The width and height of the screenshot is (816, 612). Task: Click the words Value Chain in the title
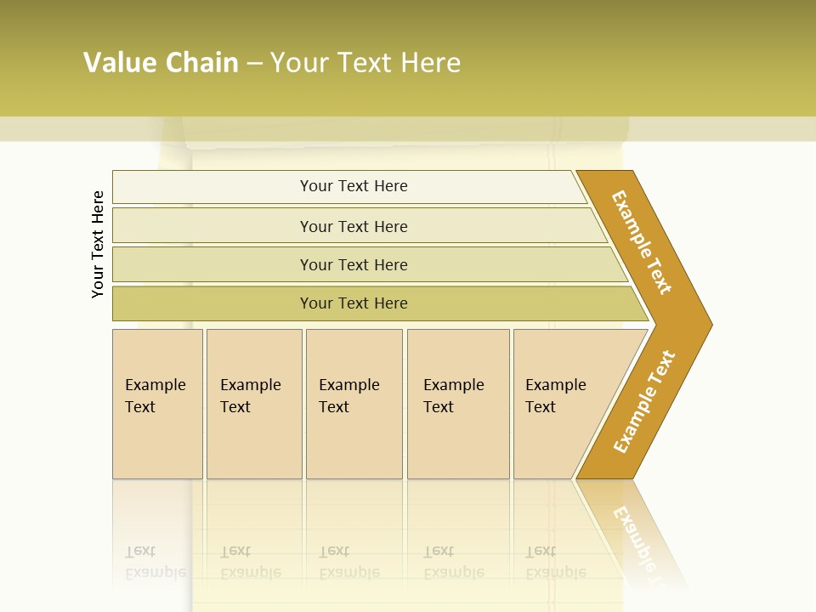pyautogui.click(x=161, y=63)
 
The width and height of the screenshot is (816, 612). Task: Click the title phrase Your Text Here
pyautogui.click(x=365, y=63)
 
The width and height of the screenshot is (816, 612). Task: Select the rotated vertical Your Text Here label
pyautogui.click(x=99, y=244)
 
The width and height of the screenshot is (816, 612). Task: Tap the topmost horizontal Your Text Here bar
pyautogui.click(x=353, y=186)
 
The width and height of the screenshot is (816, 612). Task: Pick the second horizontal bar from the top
pyautogui.click(x=353, y=226)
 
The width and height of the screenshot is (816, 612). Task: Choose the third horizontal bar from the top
pyautogui.click(x=353, y=264)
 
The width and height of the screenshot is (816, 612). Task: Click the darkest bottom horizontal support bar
pyautogui.click(x=353, y=303)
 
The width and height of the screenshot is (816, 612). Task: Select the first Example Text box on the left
pyautogui.click(x=157, y=404)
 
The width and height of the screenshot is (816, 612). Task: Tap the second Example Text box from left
pyautogui.click(x=253, y=404)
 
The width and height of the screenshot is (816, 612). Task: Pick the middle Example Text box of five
pyautogui.click(x=354, y=404)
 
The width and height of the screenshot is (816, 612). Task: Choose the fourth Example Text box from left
pyautogui.click(x=457, y=404)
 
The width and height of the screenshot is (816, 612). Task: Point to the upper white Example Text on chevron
pyautogui.click(x=642, y=242)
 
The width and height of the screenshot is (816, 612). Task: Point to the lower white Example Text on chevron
pyautogui.click(x=644, y=401)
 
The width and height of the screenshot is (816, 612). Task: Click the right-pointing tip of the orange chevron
pyautogui.click(x=708, y=324)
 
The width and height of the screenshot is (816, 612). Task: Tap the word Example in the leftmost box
pyautogui.click(x=155, y=385)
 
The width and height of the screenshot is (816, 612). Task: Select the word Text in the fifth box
pyautogui.click(x=541, y=407)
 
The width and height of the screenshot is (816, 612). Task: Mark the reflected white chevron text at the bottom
pyautogui.click(x=636, y=537)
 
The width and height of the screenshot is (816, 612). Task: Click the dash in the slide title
pyautogui.click(x=254, y=64)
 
